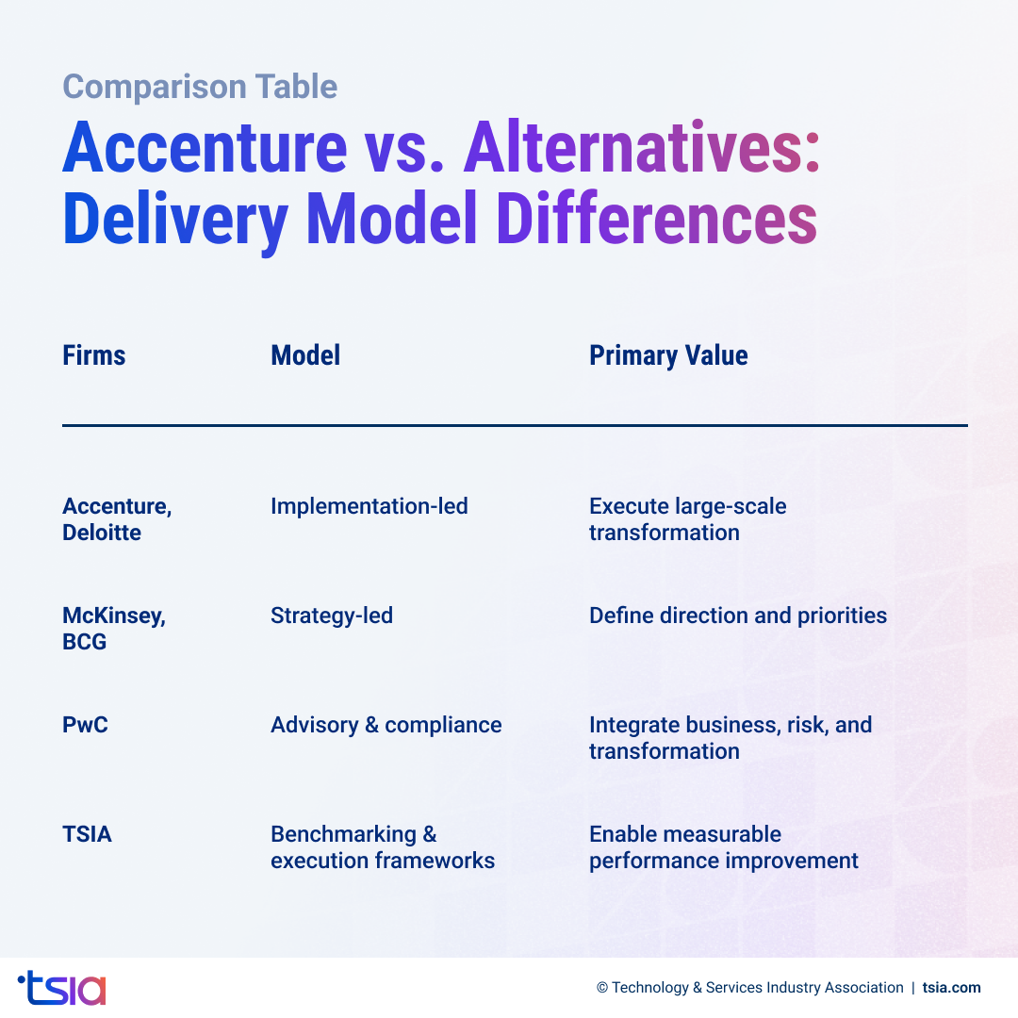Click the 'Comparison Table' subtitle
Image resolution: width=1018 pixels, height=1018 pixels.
[200, 87]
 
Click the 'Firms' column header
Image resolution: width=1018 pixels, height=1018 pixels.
[93, 355]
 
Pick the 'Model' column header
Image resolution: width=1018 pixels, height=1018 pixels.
[305, 355]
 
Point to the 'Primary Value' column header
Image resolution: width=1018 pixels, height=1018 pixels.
[668, 355]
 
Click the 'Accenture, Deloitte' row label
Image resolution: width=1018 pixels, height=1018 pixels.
[117, 519]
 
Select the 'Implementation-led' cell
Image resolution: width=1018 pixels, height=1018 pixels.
[369, 506]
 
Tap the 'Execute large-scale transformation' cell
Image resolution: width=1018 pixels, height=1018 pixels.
[687, 519]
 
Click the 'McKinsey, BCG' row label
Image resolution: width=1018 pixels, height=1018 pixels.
[113, 629]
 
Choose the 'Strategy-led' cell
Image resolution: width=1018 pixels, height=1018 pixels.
[331, 616]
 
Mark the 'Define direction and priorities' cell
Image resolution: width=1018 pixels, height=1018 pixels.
[738, 616]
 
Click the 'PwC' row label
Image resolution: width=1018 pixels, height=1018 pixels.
[85, 725]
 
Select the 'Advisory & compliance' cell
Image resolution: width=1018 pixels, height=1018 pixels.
[386, 725]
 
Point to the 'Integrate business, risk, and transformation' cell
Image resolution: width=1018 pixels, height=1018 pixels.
[730, 738]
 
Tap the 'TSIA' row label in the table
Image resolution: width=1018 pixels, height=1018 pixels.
[87, 834]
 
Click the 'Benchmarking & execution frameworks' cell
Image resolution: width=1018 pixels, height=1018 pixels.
[382, 847]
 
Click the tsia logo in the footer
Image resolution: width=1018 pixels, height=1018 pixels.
[62, 988]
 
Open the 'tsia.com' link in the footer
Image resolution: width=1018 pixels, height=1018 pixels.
[952, 988]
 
